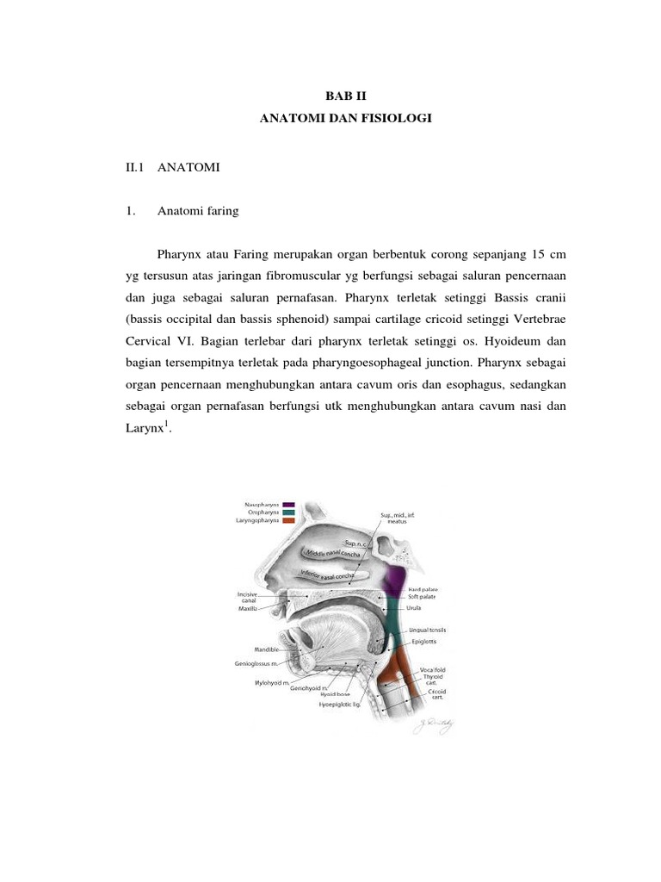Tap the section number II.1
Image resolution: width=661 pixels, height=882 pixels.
click(137, 168)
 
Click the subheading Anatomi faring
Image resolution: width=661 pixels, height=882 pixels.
click(198, 210)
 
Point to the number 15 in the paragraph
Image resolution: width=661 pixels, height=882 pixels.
click(532, 256)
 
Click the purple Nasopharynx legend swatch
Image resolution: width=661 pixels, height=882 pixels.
click(289, 505)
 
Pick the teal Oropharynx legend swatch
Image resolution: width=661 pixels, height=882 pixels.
click(289, 512)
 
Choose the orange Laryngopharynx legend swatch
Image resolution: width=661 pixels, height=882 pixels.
click(289, 521)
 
